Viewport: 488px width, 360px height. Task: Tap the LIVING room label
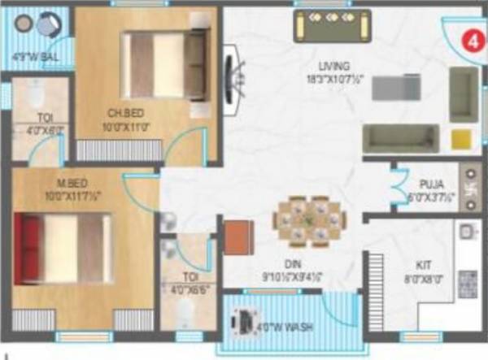click(x=334, y=65)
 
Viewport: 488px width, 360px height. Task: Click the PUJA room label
click(x=432, y=184)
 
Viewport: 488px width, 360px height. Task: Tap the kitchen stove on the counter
click(x=468, y=284)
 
